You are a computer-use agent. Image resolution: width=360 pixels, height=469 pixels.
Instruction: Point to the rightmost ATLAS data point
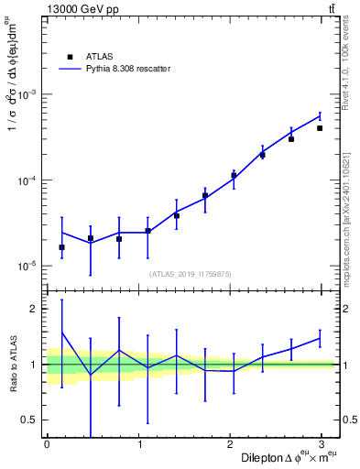click(320, 128)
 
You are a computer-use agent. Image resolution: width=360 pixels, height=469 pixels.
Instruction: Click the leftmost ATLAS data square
click(61, 247)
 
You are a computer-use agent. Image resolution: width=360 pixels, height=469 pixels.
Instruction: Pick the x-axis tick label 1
click(139, 444)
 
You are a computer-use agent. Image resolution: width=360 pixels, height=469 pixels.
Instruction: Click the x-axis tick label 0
click(47, 444)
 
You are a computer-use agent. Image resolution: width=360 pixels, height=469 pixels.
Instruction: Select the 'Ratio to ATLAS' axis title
click(12, 364)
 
